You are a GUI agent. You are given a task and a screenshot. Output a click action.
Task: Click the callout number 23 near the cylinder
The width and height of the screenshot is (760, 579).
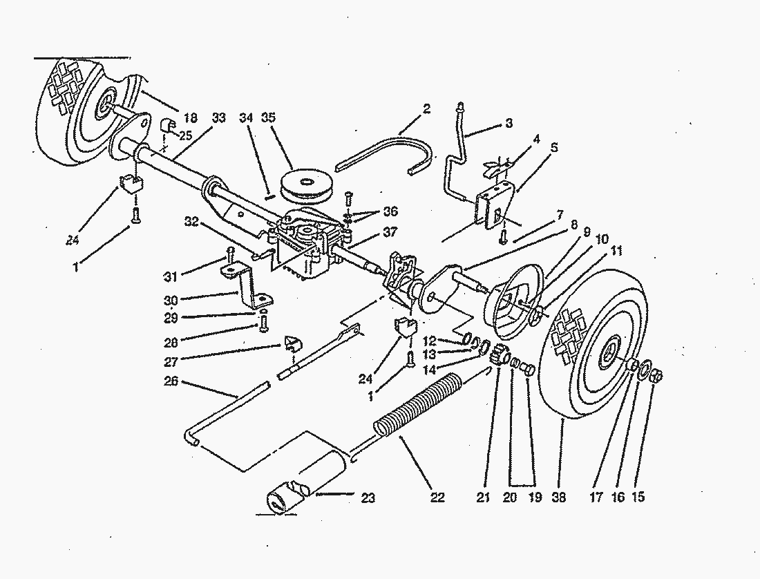pos(368,497)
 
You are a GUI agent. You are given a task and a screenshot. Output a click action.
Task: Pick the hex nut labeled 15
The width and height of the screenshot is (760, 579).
pos(658,377)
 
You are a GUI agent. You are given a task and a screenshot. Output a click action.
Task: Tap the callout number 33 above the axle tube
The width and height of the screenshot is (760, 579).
pos(218,118)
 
